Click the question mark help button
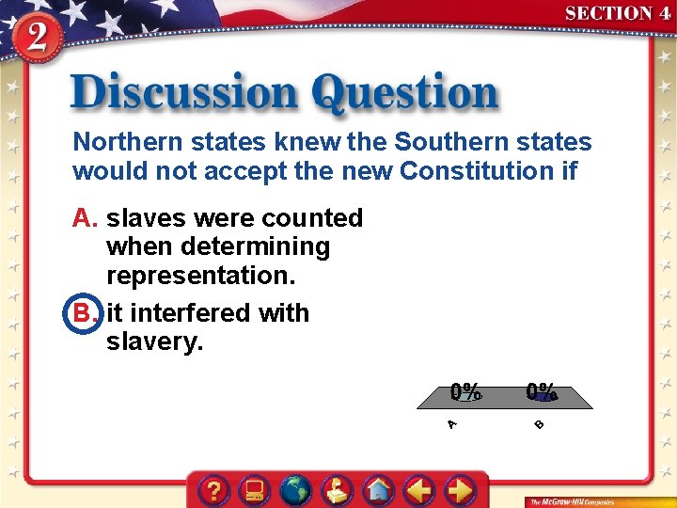click(x=215, y=490)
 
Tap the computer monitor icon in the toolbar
click(x=255, y=490)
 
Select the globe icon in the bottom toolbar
click(x=296, y=490)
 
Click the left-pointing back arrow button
click(x=419, y=490)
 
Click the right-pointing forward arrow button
click(x=460, y=490)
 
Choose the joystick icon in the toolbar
click(x=338, y=490)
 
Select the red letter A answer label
click(x=86, y=217)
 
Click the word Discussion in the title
click(x=184, y=94)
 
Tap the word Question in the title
click(x=405, y=94)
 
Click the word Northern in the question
click(x=122, y=142)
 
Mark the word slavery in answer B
click(x=153, y=342)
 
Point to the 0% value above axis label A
click(x=465, y=390)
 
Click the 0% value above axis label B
click(x=541, y=390)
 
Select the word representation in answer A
click(x=199, y=276)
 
